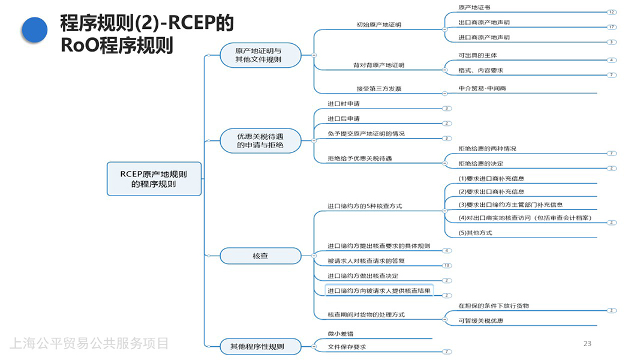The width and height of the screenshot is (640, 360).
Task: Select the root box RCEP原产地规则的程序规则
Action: click(154, 179)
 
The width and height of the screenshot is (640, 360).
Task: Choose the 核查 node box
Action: click(260, 256)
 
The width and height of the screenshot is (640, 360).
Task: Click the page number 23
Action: click(587, 344)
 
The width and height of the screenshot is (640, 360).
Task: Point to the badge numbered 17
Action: click(611, 27)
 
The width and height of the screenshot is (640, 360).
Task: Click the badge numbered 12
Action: click(611, 12)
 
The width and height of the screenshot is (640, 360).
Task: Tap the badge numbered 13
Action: click(446, 266)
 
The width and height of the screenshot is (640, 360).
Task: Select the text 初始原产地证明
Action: click(379, 25)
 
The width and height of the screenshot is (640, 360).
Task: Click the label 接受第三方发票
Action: click(379, 89)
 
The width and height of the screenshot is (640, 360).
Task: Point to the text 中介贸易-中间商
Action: click(482, 89)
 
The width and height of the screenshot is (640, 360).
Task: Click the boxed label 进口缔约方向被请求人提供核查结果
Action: click(379, 291)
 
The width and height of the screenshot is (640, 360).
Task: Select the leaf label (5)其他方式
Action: click(475, 233)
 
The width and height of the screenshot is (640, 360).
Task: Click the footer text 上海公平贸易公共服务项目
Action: click(89, 344)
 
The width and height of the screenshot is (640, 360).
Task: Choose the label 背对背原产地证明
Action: click(379, 65)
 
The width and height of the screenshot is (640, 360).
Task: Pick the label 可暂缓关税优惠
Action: click(481, 320)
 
